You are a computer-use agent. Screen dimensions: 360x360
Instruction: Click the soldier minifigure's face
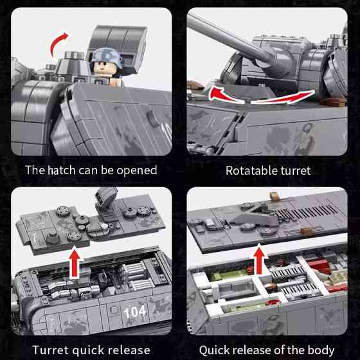[x=105, y=67]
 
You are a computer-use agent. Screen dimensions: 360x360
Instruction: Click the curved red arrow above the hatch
[x=58, y=43]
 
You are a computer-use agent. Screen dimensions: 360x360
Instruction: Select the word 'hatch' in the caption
[x=62, y=170]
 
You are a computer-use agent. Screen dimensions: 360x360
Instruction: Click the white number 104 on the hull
[x=135, y=312]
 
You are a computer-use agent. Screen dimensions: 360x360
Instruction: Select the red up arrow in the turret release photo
[x=75, y=262]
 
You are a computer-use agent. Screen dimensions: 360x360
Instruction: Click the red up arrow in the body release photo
[x=260, y=260]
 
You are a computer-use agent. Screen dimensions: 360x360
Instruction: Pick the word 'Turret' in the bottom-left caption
[x=51, y=350]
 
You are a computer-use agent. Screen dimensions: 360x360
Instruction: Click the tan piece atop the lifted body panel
[x=274, y=196]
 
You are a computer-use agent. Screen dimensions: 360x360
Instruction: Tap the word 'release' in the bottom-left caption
[x=129, y=350]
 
